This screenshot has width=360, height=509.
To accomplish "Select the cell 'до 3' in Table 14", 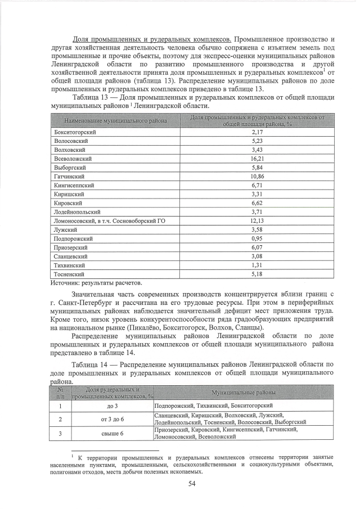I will point(112,406).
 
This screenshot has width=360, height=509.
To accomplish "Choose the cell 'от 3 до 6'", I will point(112,419).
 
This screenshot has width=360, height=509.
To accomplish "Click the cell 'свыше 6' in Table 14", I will point(112,433).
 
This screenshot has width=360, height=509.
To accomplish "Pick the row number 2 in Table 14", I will point(60,419).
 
